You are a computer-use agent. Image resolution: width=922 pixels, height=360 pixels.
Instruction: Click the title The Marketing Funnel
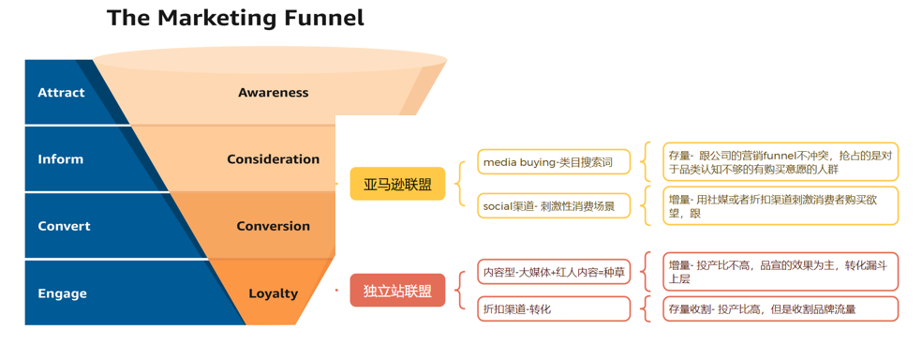[235, 18]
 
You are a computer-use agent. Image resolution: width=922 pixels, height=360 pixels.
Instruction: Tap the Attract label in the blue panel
[61, 93]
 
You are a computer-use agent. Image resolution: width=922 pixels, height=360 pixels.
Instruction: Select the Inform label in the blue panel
[61, 159]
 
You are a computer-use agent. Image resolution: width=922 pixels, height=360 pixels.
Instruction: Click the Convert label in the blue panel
[64, 227]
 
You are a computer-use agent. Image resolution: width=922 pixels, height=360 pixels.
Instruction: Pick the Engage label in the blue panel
[62, 293]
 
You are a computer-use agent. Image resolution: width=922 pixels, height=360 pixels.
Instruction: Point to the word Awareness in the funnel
[273, 93]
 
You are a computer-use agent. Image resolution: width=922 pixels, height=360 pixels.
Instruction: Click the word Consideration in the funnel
[274, 159]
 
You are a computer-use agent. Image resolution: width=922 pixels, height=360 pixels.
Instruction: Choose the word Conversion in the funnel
[273, 227]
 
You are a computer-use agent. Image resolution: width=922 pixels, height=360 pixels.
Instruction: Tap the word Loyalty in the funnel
[273, 293]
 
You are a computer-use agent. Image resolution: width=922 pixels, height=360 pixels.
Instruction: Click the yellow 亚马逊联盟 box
[397, 184]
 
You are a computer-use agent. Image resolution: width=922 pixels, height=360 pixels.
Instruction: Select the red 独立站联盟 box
[397, 291]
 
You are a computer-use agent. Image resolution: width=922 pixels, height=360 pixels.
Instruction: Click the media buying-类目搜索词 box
[554, 162]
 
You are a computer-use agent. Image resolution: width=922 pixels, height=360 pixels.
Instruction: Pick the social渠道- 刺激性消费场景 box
[554, 206]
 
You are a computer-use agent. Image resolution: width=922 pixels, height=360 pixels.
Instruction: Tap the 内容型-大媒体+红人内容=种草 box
[554, 272]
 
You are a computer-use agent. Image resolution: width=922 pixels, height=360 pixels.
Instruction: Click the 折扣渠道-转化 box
[554, 308]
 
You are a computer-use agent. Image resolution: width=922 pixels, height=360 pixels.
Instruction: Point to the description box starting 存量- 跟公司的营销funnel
[781, 162]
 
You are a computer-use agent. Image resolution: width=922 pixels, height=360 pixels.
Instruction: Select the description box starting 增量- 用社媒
[781, 206]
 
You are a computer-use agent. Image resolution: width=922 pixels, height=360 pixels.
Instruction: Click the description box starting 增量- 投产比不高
[781, 272]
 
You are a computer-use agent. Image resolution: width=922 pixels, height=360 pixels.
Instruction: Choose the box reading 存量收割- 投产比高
[781, 308]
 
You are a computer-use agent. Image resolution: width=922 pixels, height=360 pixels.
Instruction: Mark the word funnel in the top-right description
[780, 156]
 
